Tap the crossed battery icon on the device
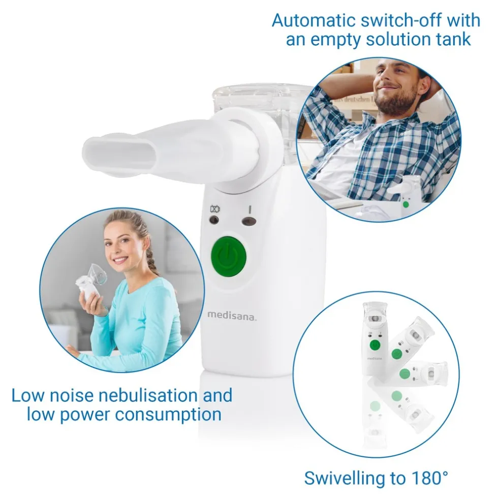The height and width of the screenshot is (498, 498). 215,209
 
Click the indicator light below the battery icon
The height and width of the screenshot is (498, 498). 214,220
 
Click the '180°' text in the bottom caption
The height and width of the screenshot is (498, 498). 428,477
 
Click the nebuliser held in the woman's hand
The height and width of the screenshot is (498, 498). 91,281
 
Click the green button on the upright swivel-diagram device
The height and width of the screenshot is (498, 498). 375,345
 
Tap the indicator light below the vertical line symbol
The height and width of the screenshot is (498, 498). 248,221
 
